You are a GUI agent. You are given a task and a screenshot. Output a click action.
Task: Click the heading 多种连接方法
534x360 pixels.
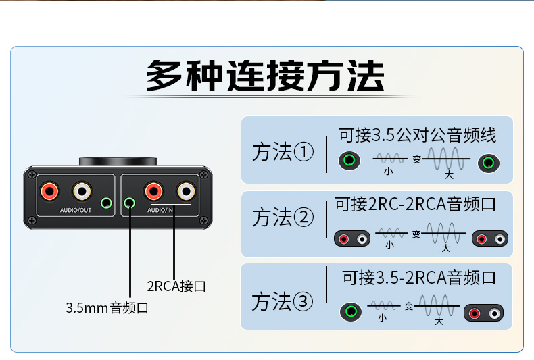tap(265, 76)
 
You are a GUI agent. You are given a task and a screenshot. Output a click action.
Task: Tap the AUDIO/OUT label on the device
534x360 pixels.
tap(76, 210)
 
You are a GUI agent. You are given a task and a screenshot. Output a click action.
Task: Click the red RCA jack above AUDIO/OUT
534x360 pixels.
tap(50, 191)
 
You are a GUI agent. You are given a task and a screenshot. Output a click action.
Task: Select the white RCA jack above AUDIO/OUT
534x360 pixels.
tap(82, 191)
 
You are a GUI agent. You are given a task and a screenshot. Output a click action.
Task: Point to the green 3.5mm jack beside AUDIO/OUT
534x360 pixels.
tap(107, 203)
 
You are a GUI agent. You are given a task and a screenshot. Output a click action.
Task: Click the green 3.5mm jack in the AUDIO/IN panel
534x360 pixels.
tap(129, 203)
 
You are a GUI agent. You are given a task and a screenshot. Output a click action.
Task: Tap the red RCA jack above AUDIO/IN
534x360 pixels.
tap(153, 191)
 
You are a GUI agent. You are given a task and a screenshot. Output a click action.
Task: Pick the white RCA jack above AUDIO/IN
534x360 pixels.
tap(186, 191)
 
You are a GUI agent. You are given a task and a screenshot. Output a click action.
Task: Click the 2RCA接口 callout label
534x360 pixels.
tap(176, 286)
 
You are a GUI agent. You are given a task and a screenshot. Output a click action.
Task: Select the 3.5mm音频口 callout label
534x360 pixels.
tap(107, 308)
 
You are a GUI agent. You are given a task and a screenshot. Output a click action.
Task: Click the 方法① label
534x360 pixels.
tap(283, 152)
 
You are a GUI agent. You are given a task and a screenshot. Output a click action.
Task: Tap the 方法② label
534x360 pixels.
tap(283, 217)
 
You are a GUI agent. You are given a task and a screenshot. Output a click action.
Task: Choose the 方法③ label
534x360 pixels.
tap(282, 301)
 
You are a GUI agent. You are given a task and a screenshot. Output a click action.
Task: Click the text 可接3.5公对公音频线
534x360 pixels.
tap(418, 135)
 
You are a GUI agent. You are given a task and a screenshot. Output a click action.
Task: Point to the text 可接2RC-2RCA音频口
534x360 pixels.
tap(415, 204)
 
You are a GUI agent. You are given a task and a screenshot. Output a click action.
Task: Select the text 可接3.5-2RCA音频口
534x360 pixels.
tap(419, 278)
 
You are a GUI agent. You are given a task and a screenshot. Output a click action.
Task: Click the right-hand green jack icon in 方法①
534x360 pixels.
tap(489, 163)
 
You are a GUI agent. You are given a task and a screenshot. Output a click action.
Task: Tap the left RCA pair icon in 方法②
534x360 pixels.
tap(352, 239)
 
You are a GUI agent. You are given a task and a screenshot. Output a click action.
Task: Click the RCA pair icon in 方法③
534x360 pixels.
tap(483, 313)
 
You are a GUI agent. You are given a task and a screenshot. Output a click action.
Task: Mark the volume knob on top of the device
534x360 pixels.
tap(118, 161)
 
